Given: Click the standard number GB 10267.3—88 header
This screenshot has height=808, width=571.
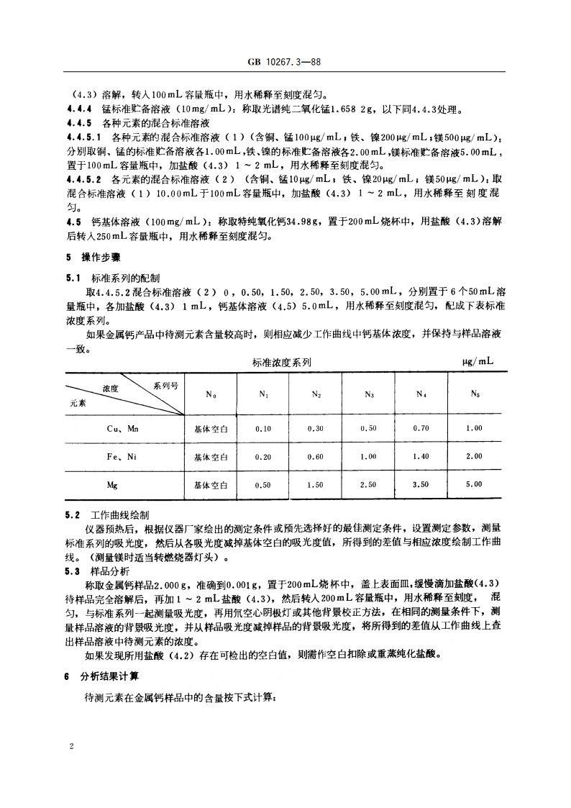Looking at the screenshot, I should tap(285, 62).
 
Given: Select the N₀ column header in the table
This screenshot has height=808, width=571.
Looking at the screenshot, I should tap(211, 394).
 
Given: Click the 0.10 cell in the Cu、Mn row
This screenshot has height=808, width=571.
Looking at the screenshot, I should tap(263, 428).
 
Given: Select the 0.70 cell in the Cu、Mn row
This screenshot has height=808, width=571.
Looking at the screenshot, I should tap(421, 428).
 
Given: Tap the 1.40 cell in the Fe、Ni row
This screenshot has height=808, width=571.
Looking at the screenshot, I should tap(421, 456).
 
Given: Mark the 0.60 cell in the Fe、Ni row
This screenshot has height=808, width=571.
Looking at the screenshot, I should tap(316, 456).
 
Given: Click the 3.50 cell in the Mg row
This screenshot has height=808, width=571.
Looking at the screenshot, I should tap(421, 485).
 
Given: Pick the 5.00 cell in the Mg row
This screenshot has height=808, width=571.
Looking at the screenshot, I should tap(474, 485).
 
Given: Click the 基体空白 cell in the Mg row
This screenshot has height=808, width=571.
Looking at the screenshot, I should tap(211, 485).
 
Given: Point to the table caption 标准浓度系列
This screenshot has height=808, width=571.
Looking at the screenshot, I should tap(282, 363).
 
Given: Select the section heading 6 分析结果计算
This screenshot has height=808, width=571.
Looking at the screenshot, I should tap(103, 677).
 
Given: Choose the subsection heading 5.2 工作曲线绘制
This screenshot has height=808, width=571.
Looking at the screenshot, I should tap(108, 515).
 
